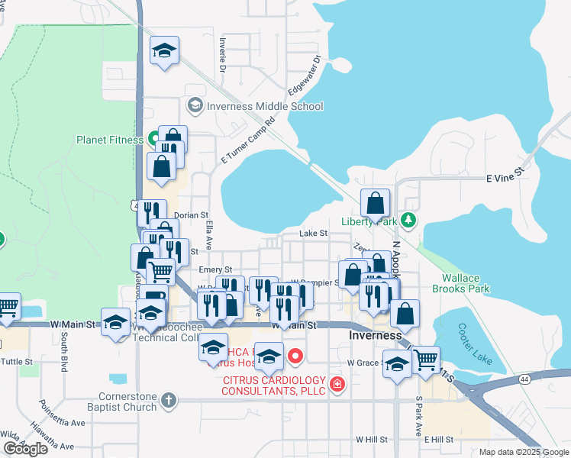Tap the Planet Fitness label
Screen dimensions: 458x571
109,140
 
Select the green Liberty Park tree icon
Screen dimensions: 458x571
409,220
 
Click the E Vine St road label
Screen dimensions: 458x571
505,177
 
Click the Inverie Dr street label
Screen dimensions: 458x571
223,55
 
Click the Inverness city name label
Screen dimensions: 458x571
375,335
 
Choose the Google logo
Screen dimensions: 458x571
25,449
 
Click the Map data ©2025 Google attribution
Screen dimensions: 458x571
524,452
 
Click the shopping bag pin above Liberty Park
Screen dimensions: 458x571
375,204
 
